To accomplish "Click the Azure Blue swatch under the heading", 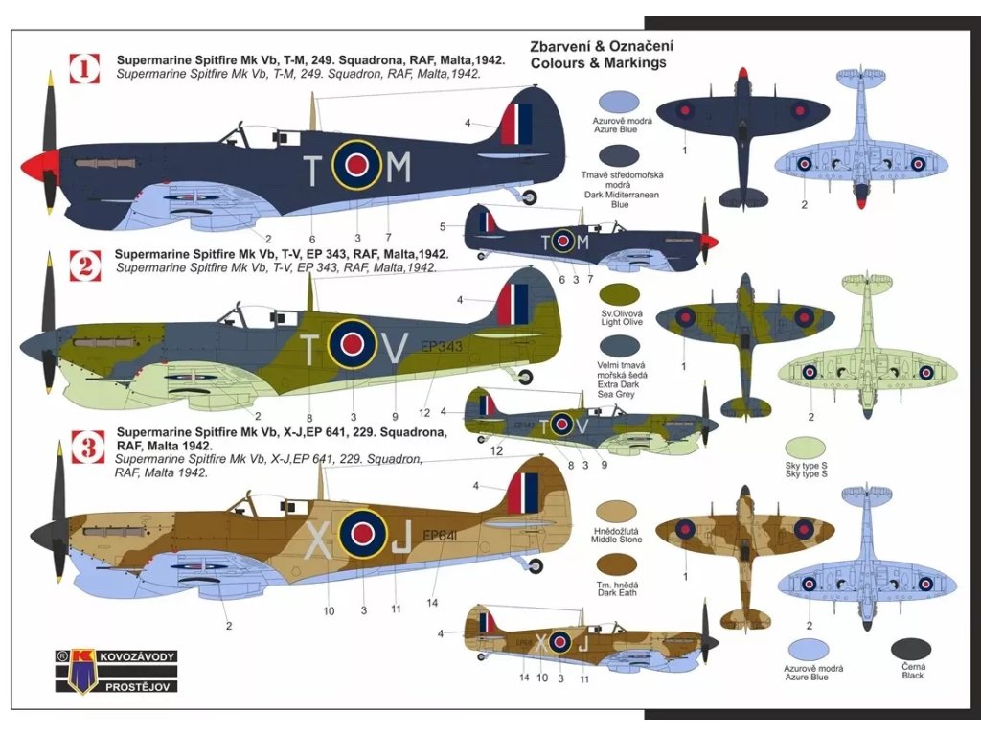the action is click(619, 103).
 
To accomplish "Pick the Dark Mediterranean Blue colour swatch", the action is click(619, 155).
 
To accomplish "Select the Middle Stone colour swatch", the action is click(617, 513).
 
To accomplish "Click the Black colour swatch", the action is click(911, 649).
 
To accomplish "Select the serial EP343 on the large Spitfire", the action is click(442, 348).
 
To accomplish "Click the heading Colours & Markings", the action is click(598, 63).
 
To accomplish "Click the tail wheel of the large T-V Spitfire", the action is click(525, 373).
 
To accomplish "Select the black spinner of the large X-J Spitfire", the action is click(44, 536).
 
